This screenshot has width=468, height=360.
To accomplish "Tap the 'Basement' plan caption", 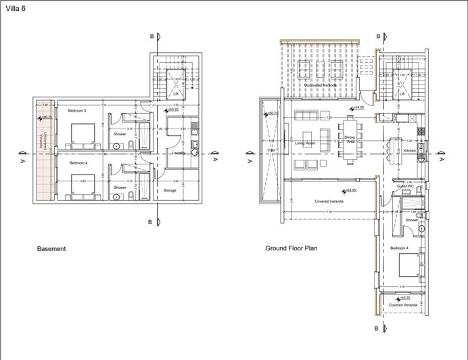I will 51,249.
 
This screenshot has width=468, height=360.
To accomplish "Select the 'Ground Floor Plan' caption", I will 291,248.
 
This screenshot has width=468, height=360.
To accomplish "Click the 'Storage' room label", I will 169,191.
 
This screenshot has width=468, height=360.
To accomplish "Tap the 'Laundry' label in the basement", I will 179,153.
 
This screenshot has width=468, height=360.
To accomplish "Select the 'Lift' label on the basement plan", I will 175,93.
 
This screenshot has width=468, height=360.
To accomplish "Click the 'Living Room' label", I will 306,143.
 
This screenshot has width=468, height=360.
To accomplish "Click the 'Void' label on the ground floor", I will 271,142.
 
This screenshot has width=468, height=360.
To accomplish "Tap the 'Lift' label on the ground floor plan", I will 402,93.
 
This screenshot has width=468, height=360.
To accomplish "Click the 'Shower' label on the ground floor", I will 412,220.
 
